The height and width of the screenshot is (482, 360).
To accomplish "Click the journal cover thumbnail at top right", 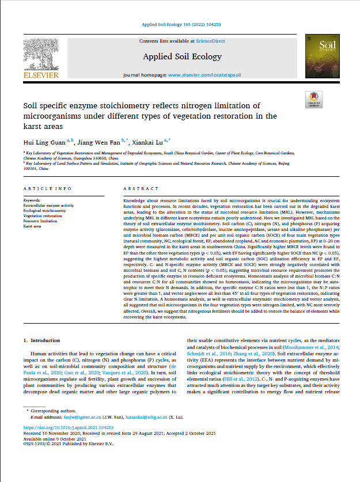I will click(319, 58).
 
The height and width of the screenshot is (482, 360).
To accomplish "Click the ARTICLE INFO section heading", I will click(47, 188).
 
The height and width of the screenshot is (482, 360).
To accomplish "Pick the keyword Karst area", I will click(33, 226).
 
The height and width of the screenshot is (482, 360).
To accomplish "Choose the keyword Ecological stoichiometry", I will click(44, 211).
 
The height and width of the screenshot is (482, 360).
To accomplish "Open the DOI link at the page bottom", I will click(69, 444).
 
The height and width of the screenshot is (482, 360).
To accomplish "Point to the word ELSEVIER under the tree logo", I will click(41, 75).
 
